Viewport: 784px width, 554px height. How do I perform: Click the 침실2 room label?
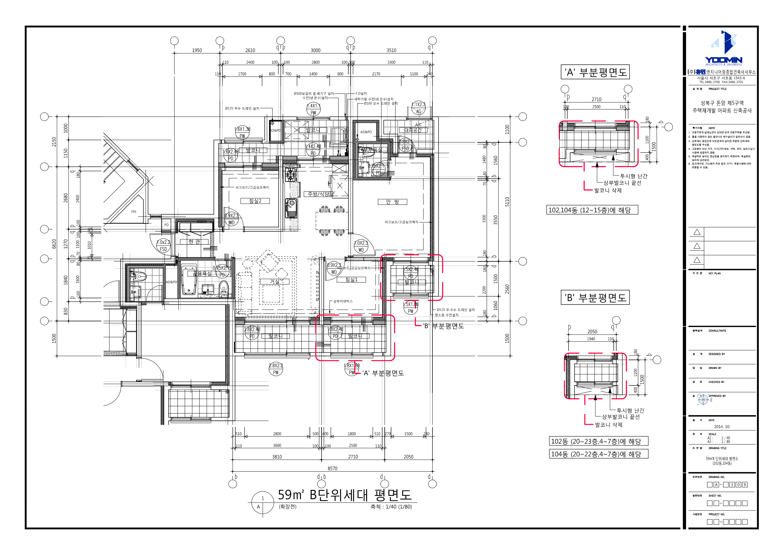click(255, 201)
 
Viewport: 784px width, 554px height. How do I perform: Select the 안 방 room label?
click(392, 202)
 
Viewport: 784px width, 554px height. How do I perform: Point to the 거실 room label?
click(274, 282)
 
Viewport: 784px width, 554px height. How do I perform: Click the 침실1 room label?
click(351, 280)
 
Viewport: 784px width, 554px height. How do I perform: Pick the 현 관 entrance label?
click(194, 242)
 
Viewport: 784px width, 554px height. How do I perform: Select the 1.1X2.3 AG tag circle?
click(418, 108)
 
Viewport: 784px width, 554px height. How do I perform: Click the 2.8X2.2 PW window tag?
click(276, 369)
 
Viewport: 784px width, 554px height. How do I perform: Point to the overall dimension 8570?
click(332, 468)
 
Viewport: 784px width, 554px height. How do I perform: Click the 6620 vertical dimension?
click(54, 244)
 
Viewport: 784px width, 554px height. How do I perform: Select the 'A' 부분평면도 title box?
click(595, 72)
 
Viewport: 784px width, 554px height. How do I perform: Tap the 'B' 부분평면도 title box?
click(595, 298)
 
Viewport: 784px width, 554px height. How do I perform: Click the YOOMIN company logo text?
click(724, 60)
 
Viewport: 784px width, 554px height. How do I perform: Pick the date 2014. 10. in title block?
click(722, 427)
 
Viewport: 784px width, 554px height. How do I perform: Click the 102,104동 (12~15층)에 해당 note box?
click(592, 210)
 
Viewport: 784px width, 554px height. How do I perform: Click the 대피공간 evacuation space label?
click(413, 130)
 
